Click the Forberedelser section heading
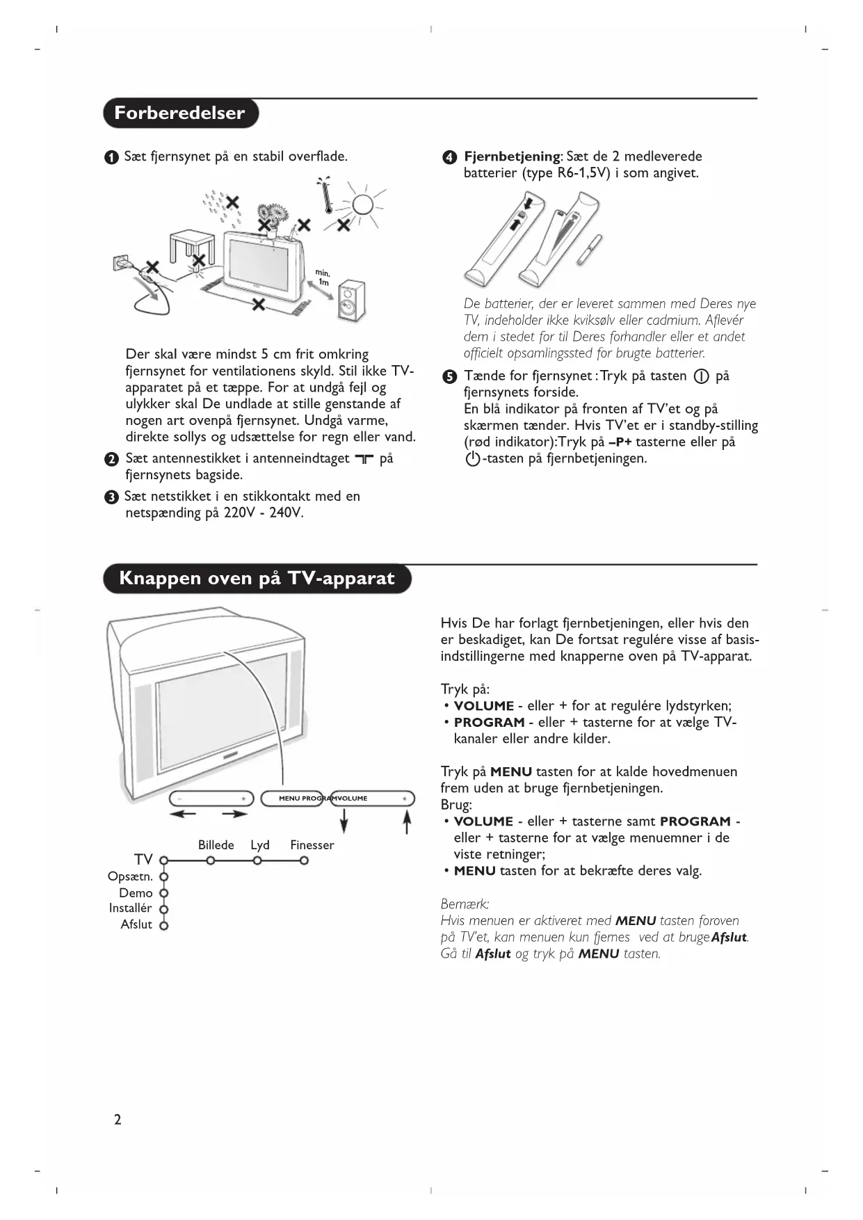[x=180, y=113]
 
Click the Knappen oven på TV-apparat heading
[x=257, y=579]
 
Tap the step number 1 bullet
[x=111, y=158]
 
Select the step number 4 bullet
[x=450, y=158]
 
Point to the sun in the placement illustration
[x=362, y=204]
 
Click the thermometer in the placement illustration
[x=325, y=195]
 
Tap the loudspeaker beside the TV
[x=350, y=301]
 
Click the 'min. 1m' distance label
[x=323, y=278]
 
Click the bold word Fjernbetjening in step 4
[x=512, y=156]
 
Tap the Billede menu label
[x=216, y=845]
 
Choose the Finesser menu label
[x=312, y=845]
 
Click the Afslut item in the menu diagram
[x=136, y=924]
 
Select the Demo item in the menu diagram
[x=136, y=893]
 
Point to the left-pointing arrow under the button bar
[x=184, y=814]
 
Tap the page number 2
[x=118, y=1119]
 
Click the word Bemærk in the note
[x=465, y=904]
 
